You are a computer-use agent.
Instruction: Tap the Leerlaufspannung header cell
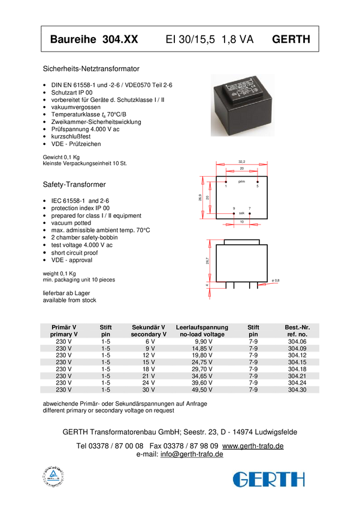click(x=202, y=331)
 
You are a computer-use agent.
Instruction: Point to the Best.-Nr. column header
click(x=297, y=331)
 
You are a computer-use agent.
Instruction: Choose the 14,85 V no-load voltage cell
click(x=202, y=348)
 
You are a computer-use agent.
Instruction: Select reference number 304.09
click(x=297, y=348)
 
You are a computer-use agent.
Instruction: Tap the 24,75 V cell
click(x=202, y=362)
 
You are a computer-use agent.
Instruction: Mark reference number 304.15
click(x=297, y=362)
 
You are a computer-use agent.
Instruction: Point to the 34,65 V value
click(x=202, y=376)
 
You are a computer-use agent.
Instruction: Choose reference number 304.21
click(x=297, y=376)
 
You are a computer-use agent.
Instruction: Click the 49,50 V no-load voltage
click(x=202, y=390)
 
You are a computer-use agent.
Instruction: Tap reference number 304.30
click(x=297, y=390)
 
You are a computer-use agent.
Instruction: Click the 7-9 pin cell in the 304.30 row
click(x=253, y=390)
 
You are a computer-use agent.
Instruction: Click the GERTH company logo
click(x=269, y=478)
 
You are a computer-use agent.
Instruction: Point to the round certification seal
click(x=53, y=477)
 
